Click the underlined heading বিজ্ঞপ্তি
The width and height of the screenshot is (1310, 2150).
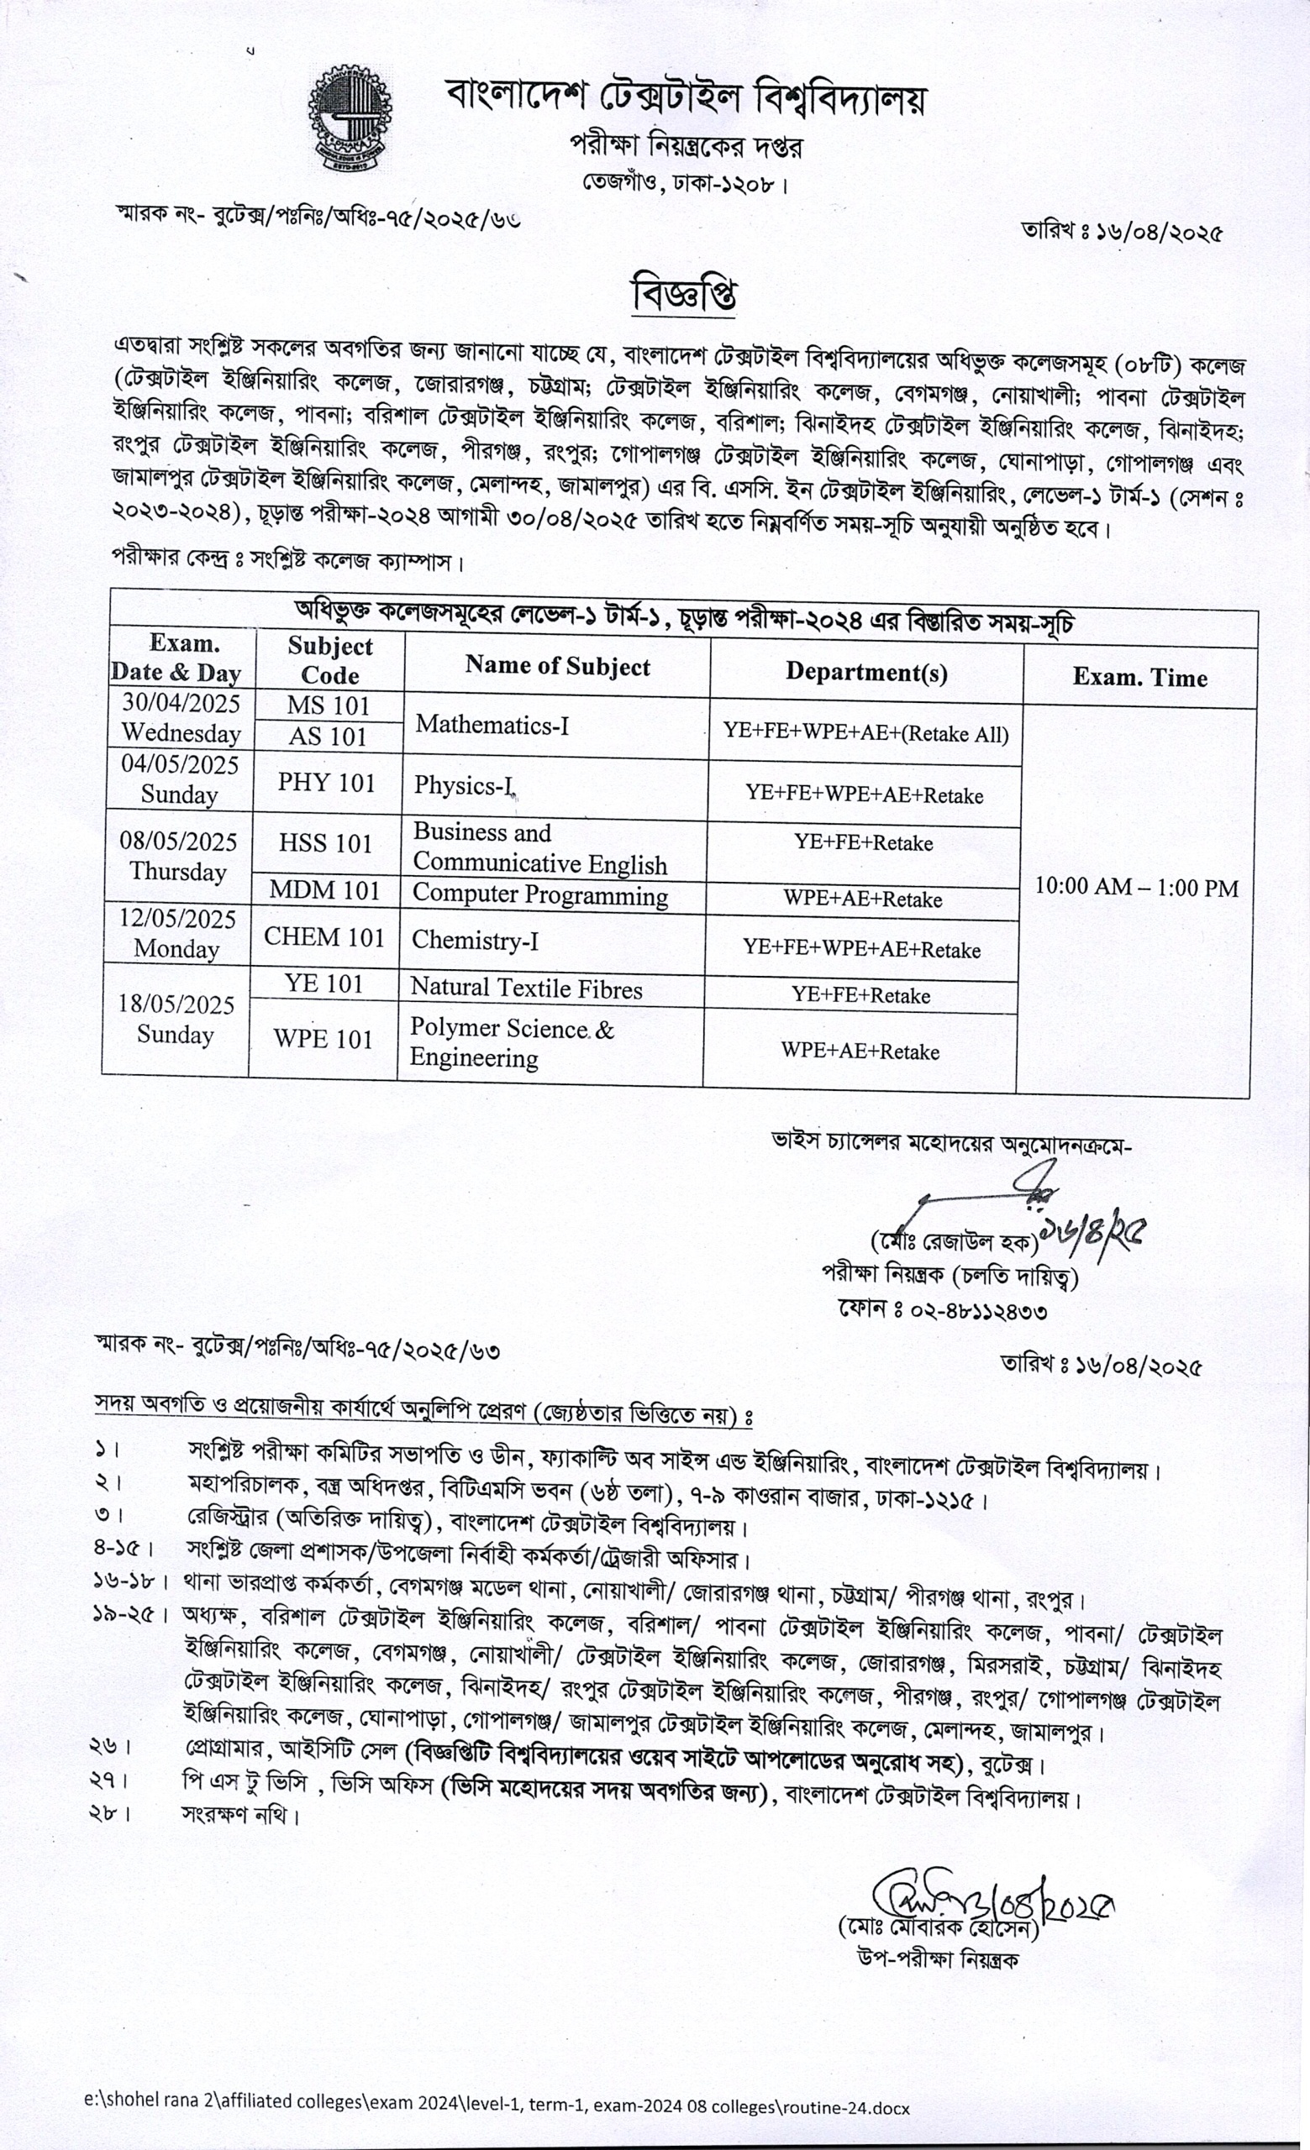tap(683, 293)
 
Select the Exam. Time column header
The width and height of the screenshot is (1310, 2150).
tap(1139, 678)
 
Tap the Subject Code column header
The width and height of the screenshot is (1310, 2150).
tap(330, 660)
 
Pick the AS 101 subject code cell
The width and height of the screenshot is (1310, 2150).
tap(329, 737)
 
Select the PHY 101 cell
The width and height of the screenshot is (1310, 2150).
tap(325, 783)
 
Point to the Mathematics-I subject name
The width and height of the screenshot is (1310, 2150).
tap(492, 724)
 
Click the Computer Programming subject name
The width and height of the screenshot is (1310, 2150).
tap(540, 896)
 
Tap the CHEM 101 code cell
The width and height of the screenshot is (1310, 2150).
tap(324, 937)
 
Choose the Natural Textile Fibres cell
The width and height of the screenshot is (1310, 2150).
tap(526, 988)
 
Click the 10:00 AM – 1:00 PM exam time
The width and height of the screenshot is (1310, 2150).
tap(1136, 889)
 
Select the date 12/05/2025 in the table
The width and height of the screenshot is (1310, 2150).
tap(178, 919)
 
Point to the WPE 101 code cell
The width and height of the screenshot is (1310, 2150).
tap(323, 1039)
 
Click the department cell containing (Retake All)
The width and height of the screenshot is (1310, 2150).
tap(865, 733)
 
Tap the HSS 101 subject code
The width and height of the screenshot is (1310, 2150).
tap(325, 843)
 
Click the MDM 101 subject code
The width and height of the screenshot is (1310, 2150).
tap(324, 890)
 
